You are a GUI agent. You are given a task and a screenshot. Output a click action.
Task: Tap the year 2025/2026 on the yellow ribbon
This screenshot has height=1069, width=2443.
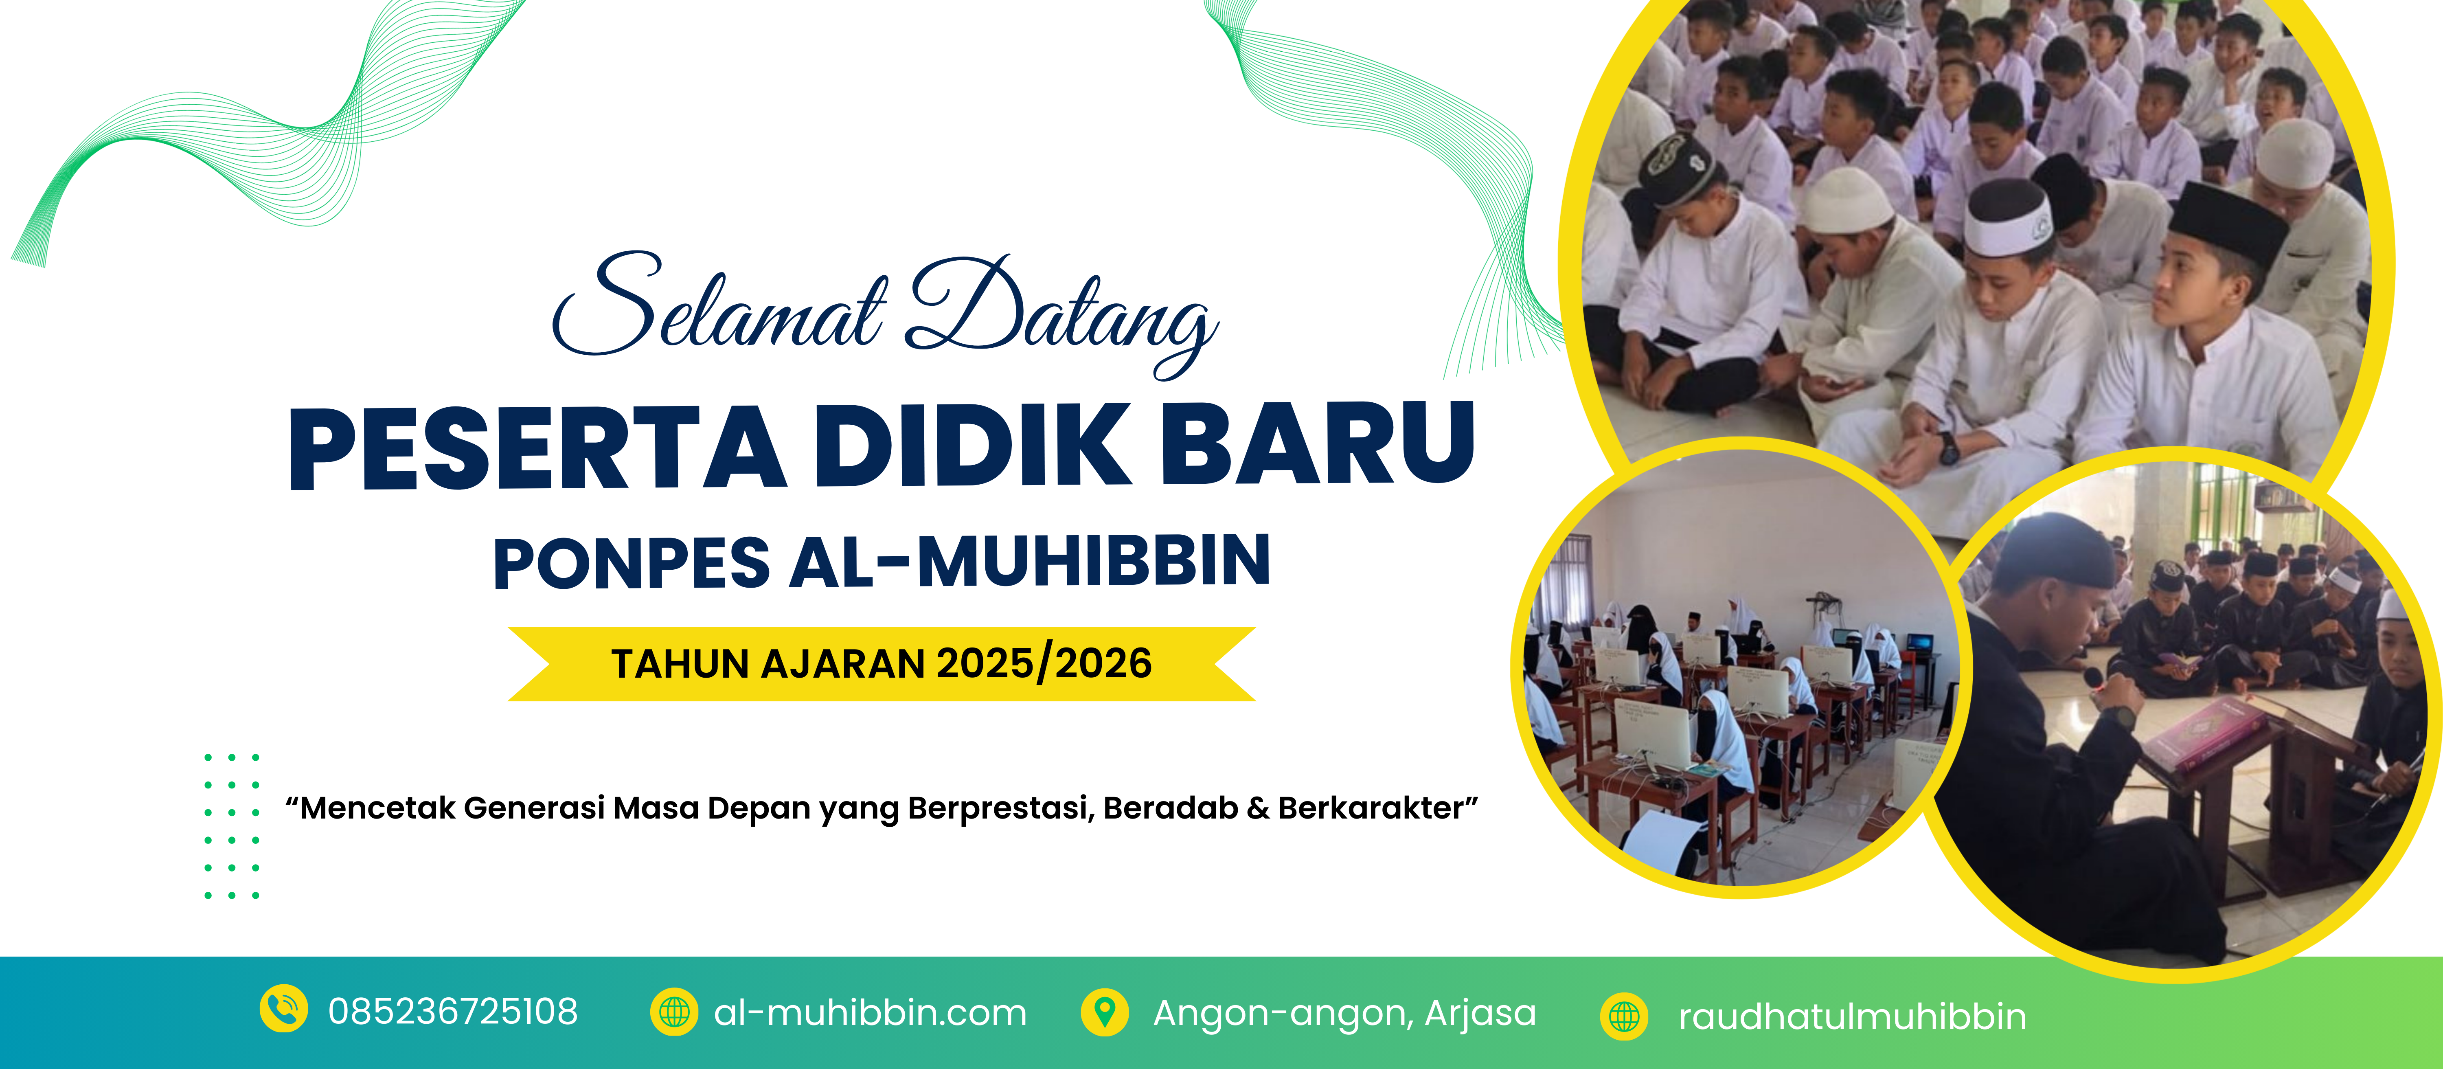click(1044, 663)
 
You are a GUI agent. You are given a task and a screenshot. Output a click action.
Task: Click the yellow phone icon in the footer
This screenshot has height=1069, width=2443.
click(283, 1008)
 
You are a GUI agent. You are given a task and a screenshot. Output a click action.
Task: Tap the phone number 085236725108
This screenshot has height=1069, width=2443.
click(453, 1012)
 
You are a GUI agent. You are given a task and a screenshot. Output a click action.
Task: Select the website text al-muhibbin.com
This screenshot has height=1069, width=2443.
click(871, 1013)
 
